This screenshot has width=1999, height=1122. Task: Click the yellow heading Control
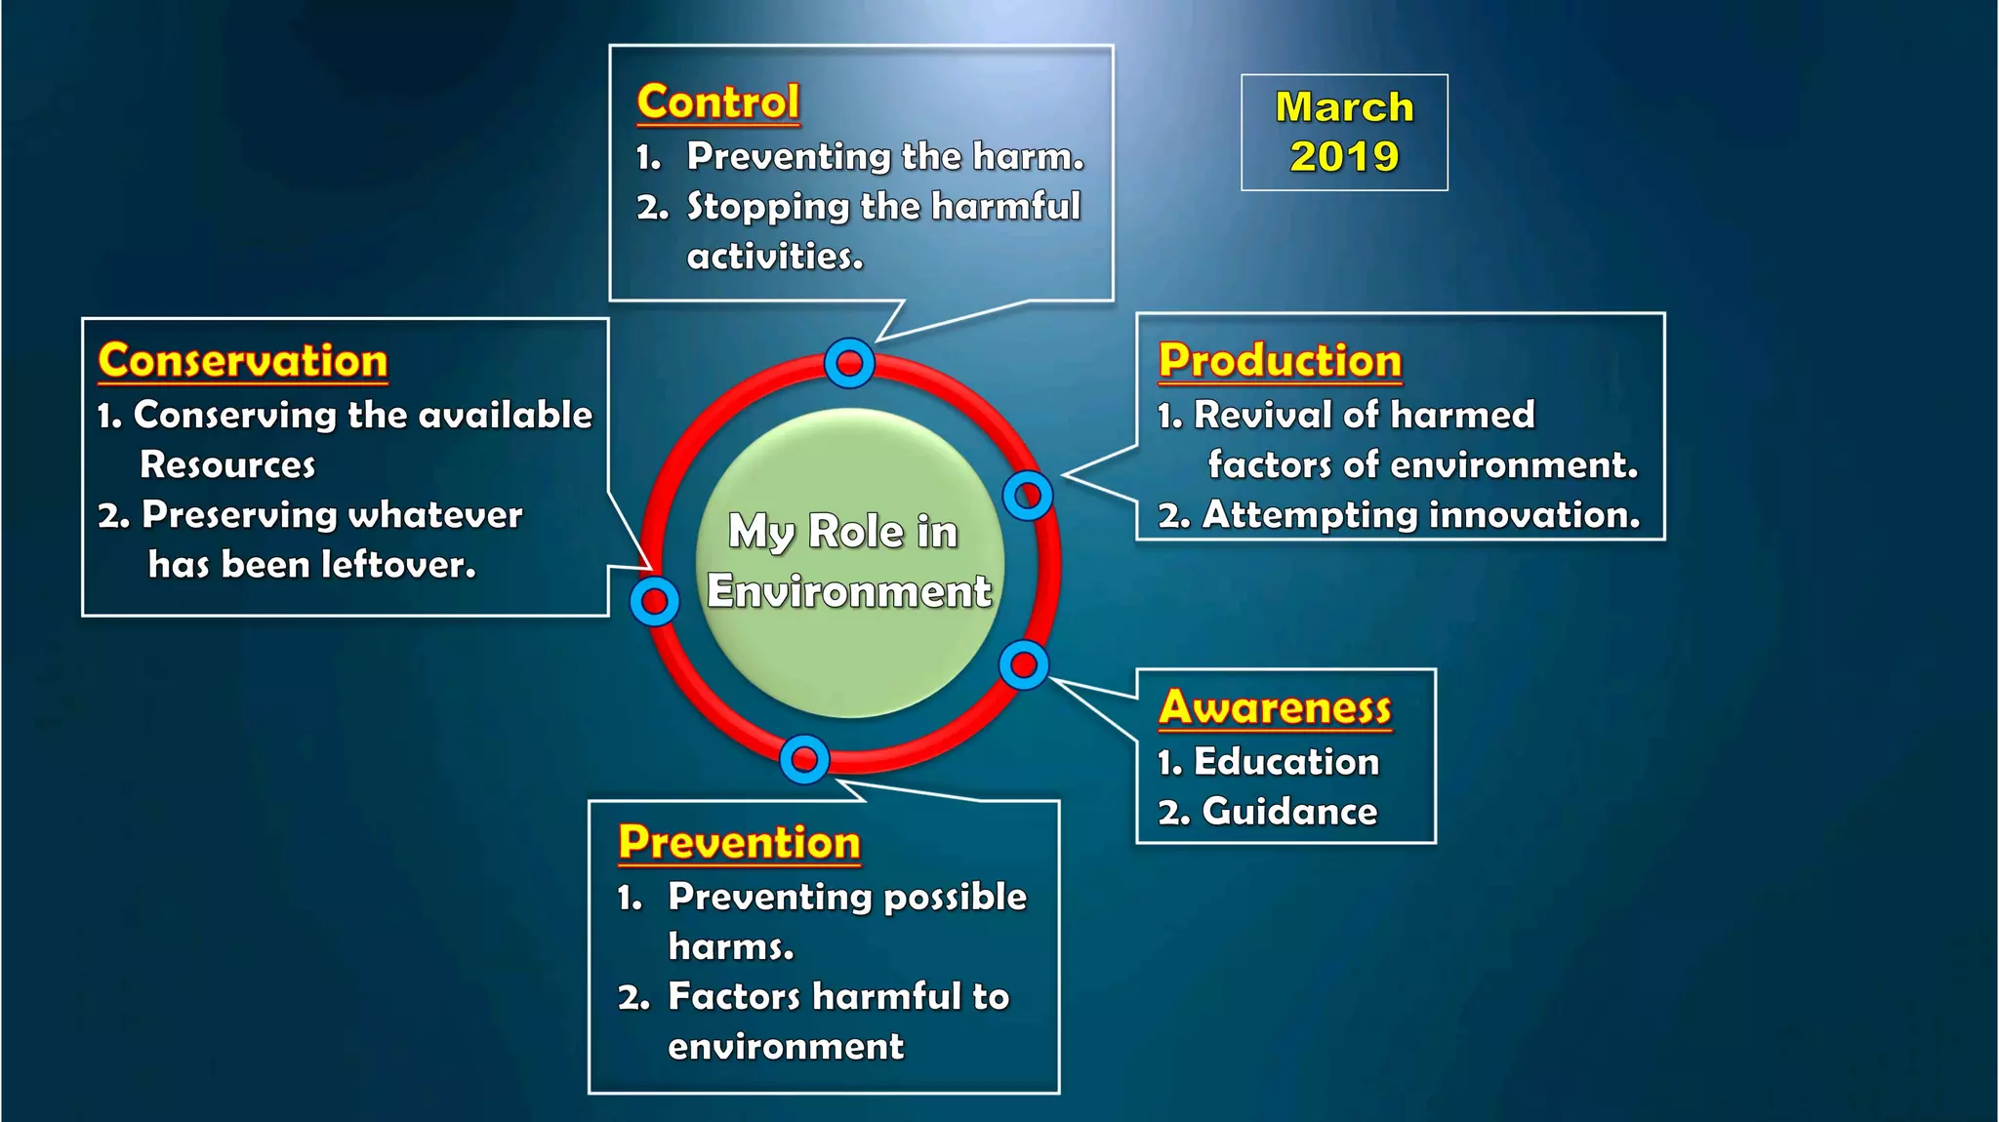tap(717, 102)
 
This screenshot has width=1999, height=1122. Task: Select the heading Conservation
tap(243, 361)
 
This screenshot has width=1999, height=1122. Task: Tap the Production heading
tap(1280, 361)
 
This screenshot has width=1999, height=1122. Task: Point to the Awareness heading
tap(1275, 707)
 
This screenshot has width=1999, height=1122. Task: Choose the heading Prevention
tap(739, 842)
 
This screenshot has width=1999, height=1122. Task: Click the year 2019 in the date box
tap(1344, 157)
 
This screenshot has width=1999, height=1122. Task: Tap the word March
tap(1344, 107)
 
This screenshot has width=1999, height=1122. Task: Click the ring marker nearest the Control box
tap(849, 364)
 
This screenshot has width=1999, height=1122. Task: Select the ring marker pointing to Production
tap(1028, 496)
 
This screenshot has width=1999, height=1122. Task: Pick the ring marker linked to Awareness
tap(1024, 665)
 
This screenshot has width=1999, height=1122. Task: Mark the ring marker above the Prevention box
tap(804, 759)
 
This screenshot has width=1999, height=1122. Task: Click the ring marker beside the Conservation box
tap(654, 602)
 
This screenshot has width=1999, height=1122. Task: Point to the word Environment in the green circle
tap(848, 591)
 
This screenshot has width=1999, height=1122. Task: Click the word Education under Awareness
tap(1286, 762)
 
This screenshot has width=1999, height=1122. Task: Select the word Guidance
tap(1289, 812)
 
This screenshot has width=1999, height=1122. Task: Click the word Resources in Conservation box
tap(227, 465)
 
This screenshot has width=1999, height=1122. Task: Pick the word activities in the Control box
tap(775, 257)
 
